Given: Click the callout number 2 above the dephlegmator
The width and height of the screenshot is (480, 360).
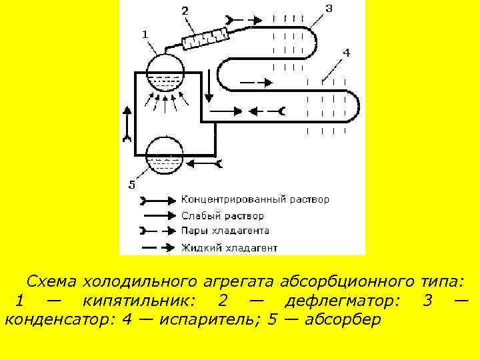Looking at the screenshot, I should [185, 11].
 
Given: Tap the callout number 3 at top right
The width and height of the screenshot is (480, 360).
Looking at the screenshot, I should [329, 8].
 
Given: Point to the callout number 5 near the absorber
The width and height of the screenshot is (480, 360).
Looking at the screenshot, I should [131, 185].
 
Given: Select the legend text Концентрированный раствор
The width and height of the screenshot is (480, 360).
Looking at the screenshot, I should [255, 199].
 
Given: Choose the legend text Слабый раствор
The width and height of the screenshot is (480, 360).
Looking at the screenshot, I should [223, 216].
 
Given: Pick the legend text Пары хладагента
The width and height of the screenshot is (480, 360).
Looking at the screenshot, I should [225, 231].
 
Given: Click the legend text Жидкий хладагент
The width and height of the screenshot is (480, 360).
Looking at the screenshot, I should [229, 248].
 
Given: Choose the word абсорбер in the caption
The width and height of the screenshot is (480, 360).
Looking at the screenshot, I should [342, 319].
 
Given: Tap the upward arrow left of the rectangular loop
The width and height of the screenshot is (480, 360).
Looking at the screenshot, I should [126, 121].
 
